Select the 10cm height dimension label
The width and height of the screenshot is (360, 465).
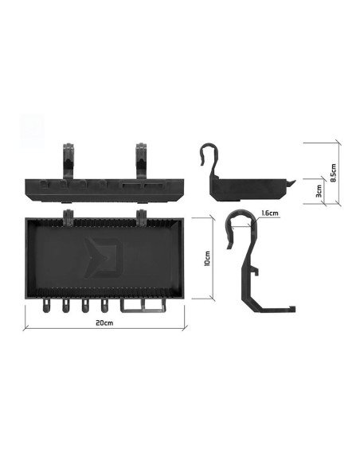206,259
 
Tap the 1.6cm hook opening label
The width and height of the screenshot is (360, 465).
268,213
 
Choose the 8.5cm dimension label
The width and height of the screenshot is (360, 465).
334,172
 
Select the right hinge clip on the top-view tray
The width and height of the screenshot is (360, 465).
143,216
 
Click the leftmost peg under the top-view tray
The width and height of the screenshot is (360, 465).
46,305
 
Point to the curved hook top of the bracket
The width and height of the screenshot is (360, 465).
239,221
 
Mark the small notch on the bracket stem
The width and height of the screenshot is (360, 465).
256,273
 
